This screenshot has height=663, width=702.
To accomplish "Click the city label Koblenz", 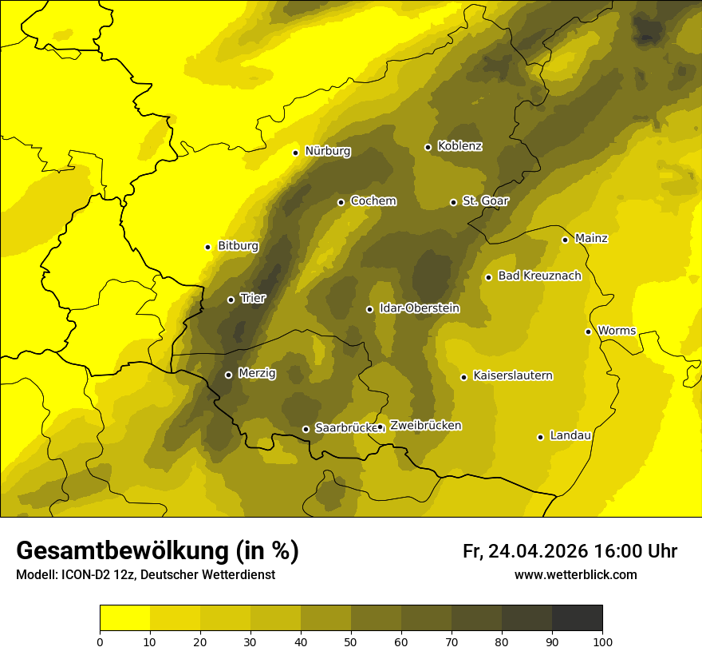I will click(x=459, y=146).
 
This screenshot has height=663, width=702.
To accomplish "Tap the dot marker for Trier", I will click(x=231, y=300).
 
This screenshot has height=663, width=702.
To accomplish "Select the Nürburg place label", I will click(x=327, y=151).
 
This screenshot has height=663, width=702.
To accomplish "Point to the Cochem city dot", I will click(x=341, y=202).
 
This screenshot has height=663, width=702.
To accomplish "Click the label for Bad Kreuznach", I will click(x=539, y=276).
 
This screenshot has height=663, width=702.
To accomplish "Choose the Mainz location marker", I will click(x=565, y=240).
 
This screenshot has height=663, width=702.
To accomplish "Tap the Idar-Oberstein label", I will click(x=419, y=308).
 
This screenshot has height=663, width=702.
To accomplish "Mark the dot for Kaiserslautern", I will click(x=463, y=377).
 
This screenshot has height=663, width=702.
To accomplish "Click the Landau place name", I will click(x=570, y=435).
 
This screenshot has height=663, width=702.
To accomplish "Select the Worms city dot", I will click(x=588, y=331).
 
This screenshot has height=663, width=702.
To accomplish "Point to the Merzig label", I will click(x=256, y=373).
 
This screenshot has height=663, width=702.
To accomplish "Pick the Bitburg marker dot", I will click(x=207, y=247).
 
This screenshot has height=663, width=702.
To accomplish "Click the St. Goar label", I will click(x=485, y=201).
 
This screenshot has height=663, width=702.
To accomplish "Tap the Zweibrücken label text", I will click(x=425, y=426).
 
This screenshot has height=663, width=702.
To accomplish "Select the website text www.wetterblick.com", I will click(x=575, y=574).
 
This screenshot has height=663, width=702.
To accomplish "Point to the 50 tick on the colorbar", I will click(x=351, y=641).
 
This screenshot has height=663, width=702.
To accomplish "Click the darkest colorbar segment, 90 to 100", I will click(x=577, y=618).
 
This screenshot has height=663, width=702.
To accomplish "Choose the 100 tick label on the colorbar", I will click(x=602, y=641).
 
